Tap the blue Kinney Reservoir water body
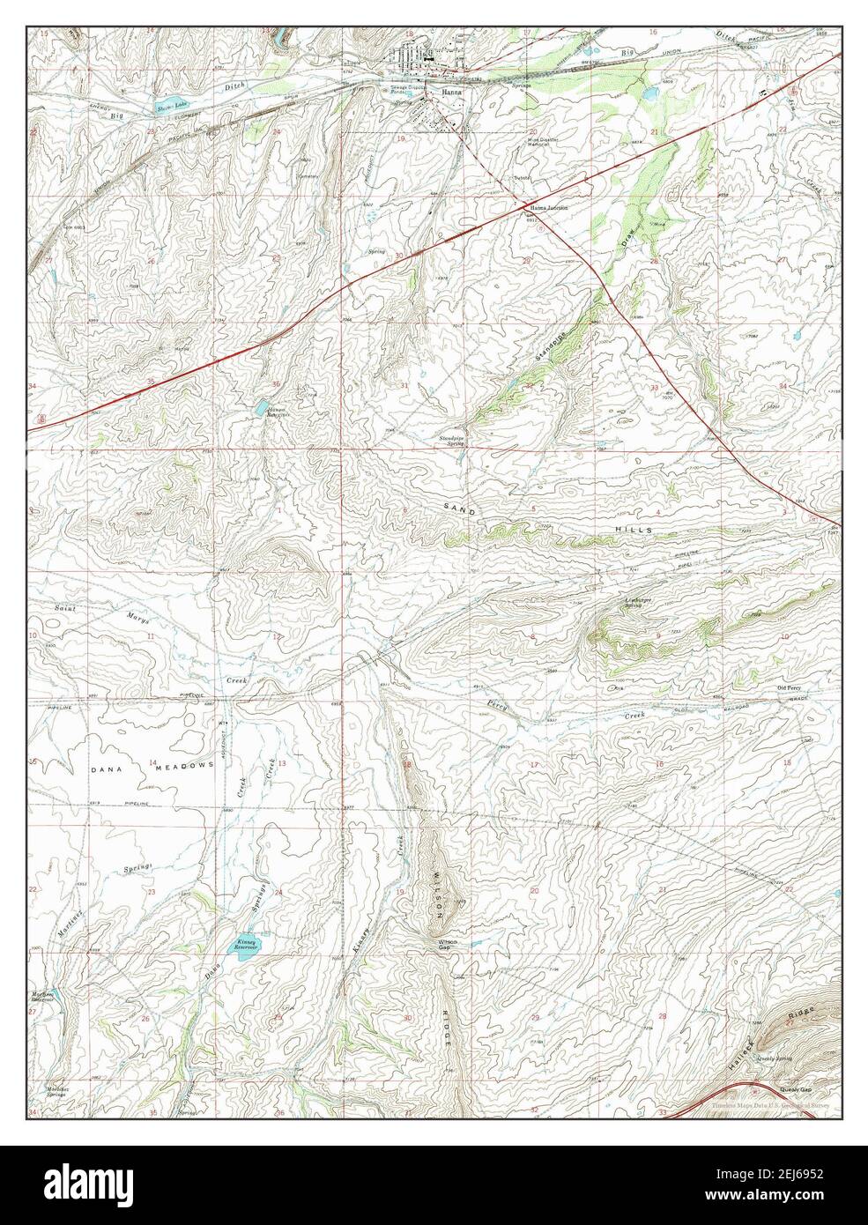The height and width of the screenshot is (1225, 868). pos(244,944)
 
